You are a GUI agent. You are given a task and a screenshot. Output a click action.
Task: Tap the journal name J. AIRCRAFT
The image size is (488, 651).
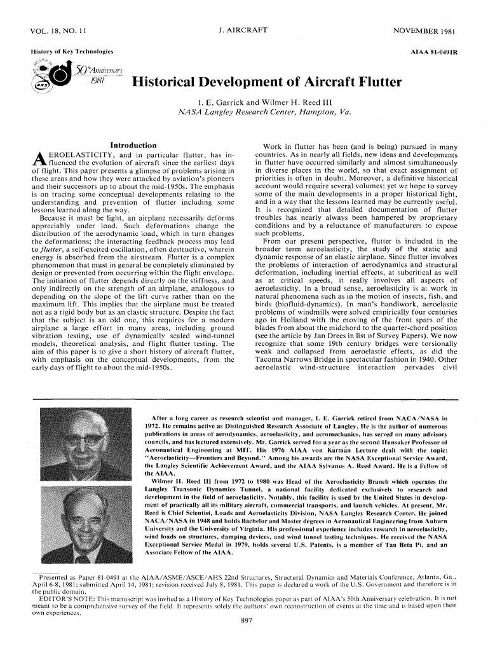[243, 31]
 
